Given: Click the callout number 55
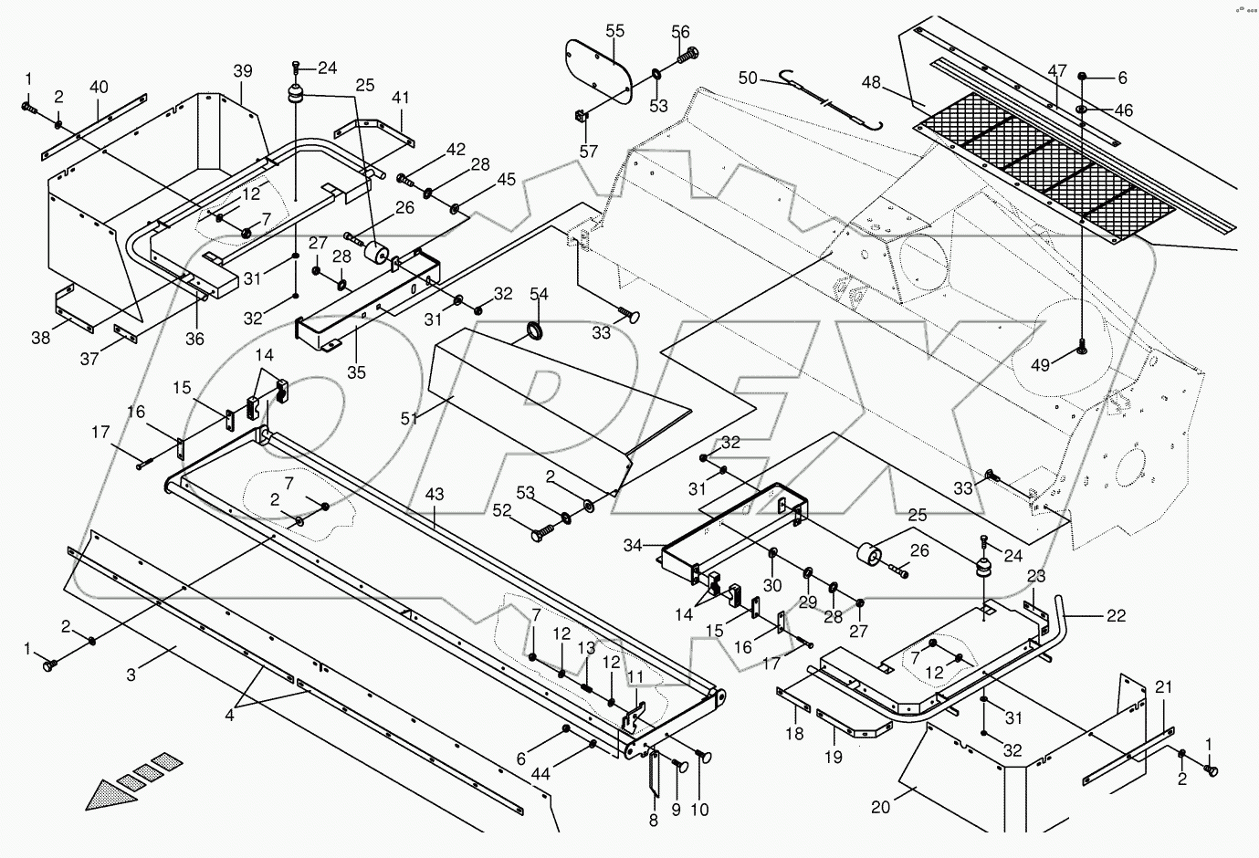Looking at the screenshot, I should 614,30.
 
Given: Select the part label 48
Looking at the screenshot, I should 871,82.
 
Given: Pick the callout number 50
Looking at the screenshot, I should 749,78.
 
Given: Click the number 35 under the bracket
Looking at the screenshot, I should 356,371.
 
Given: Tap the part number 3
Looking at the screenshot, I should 131,675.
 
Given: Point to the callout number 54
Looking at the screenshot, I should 540,293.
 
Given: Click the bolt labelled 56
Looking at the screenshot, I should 686,54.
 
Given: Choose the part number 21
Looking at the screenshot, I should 1162,686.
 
